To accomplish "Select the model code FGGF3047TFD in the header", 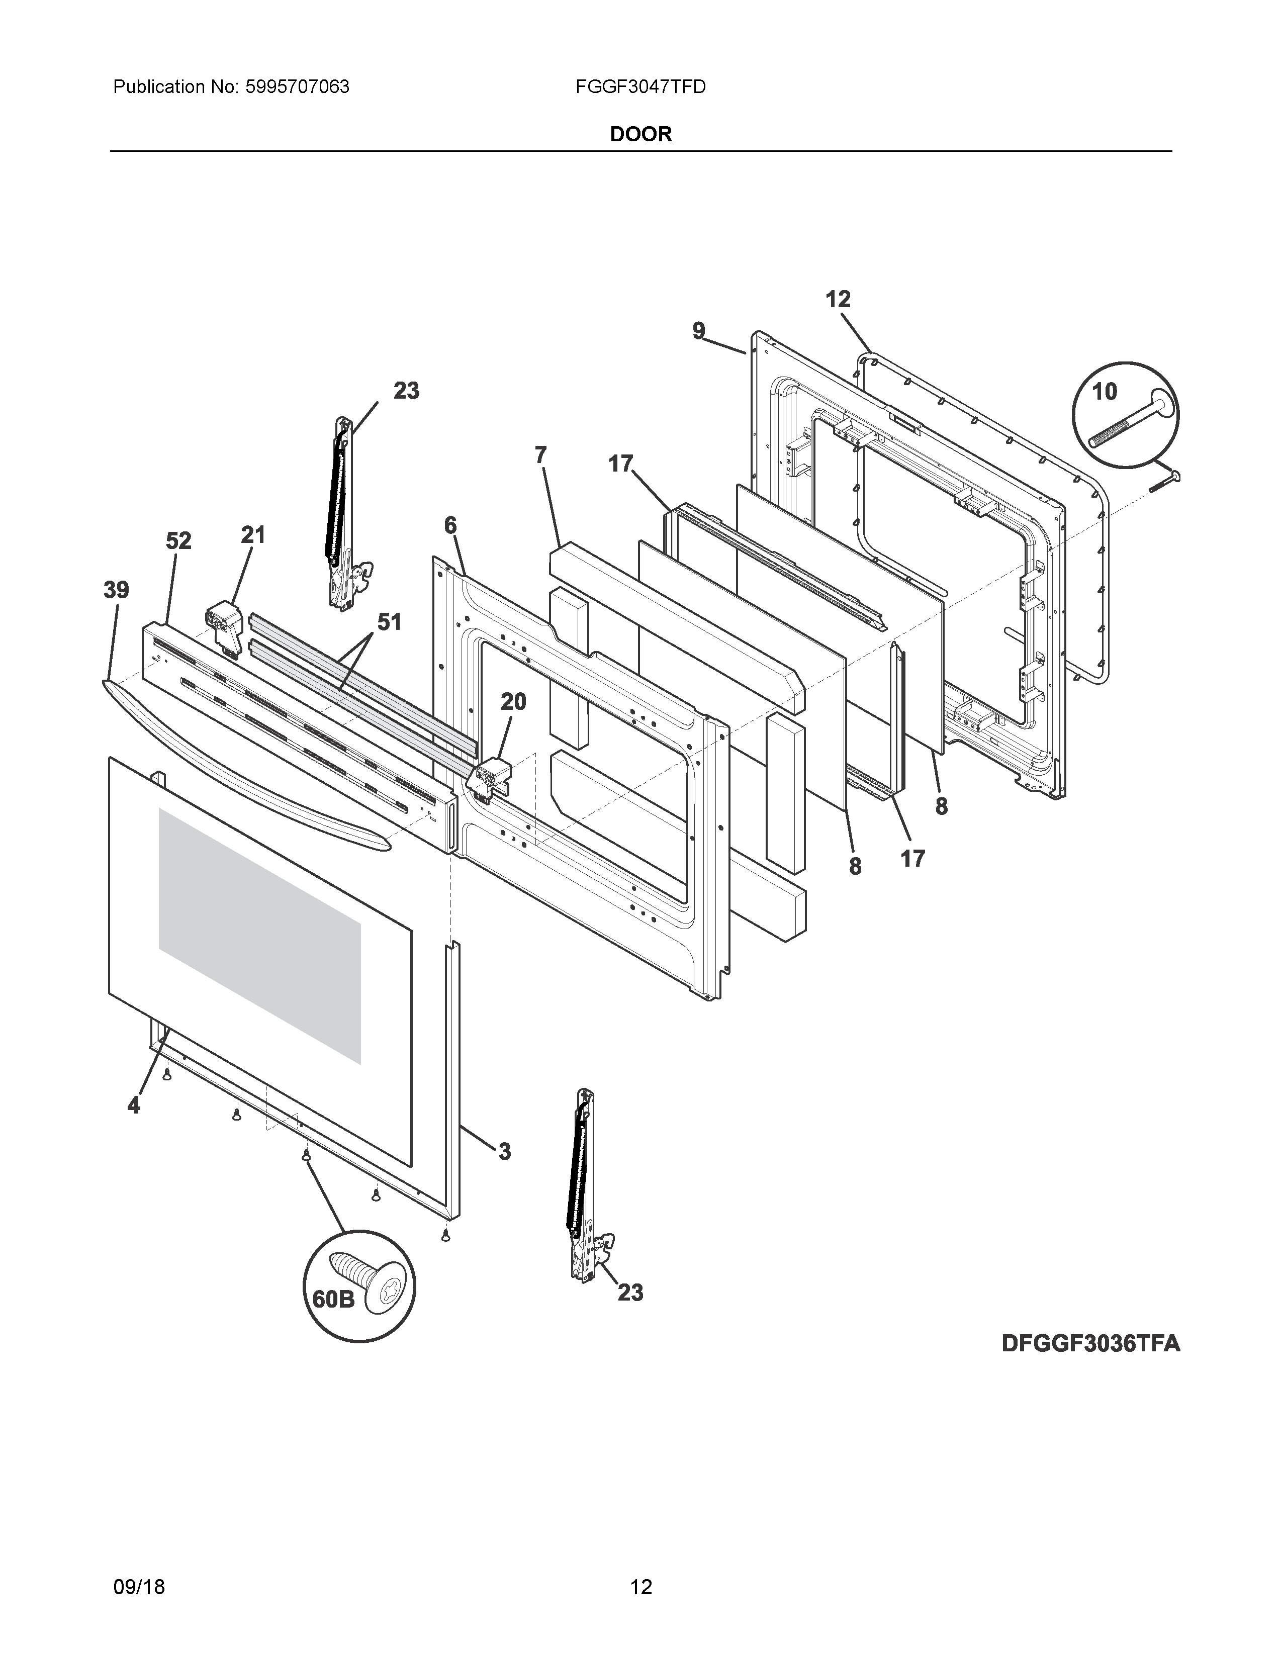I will (x=640, y=87).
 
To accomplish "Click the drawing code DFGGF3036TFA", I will (x=1090, y=1344).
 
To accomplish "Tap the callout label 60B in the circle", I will (x=333, y=1300).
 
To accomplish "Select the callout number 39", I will (x=116, y=590).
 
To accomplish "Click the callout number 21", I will (x=253, y=535).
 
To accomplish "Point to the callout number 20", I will (x=513, y=702).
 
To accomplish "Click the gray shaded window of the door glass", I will (x=258, y=935).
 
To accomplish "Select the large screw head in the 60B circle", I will (x=387, y=1290).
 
